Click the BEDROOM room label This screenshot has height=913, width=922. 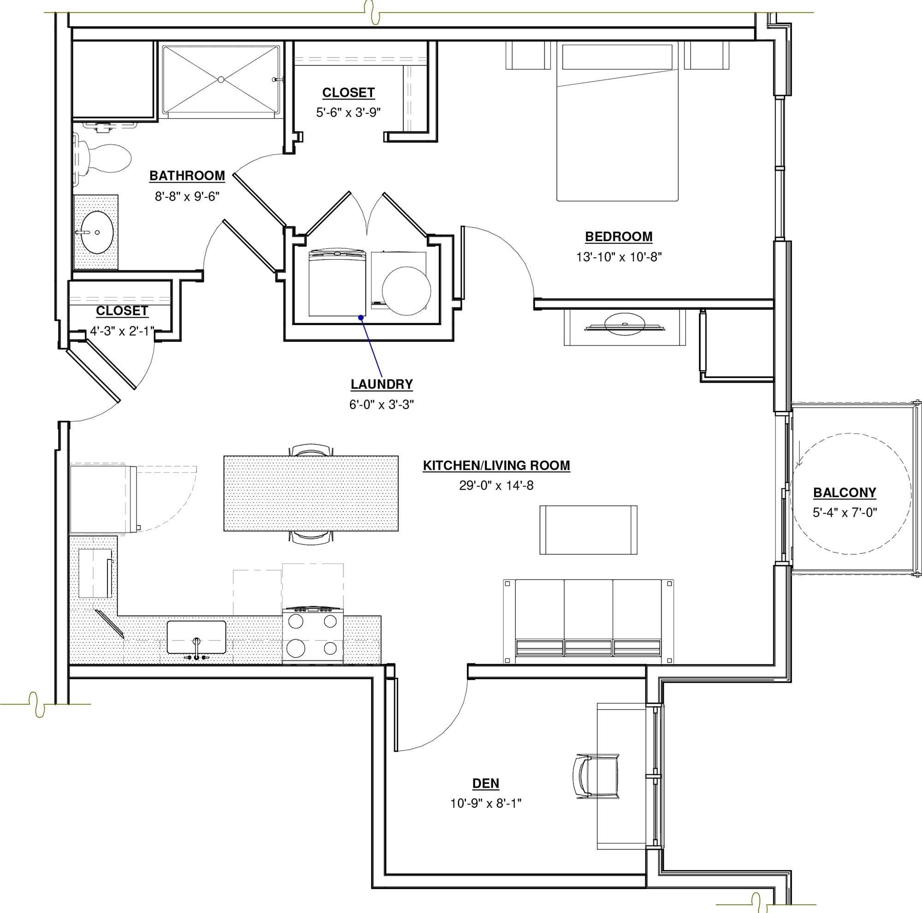[x=619, y=237]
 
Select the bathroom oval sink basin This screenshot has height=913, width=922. [x=97, y=232]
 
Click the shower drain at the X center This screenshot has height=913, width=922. [x=220, y=80]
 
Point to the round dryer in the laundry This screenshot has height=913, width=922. [x=406, y=290]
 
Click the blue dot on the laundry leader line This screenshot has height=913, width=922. [x=361, y=317]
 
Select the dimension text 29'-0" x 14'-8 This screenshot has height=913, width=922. [x=496, y=486]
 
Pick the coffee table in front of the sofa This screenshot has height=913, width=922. [x=588, y=530]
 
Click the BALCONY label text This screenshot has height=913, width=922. [x=845, y=492]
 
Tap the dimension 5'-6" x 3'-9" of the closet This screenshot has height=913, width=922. [x=348, y=113]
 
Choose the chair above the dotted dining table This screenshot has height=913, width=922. [x=311, y=450]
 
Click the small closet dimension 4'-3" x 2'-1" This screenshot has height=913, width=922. [x=122, y=331]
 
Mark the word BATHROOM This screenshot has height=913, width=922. [x=187, y=176]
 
